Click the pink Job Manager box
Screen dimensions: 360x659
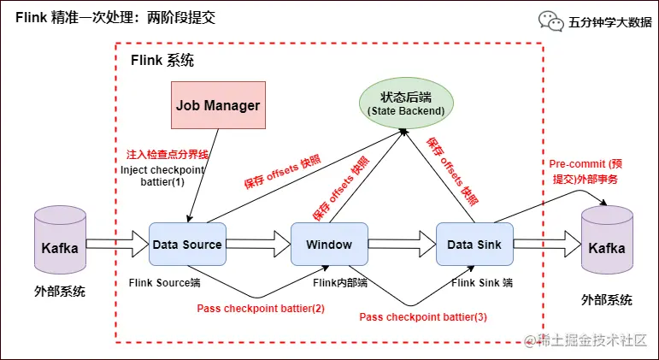click(218, 106)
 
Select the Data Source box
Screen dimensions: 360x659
click(187, 245)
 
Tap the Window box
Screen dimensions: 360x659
click(329, 245)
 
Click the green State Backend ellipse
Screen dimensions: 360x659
click(405, 103)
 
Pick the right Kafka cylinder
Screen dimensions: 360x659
click(607, 243)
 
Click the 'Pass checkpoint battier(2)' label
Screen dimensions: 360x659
click(261, 308)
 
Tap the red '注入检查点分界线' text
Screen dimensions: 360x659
click(168, 155)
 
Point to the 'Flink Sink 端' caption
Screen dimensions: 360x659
click(482, 282)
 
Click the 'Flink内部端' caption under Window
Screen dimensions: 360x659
click(340, 282)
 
